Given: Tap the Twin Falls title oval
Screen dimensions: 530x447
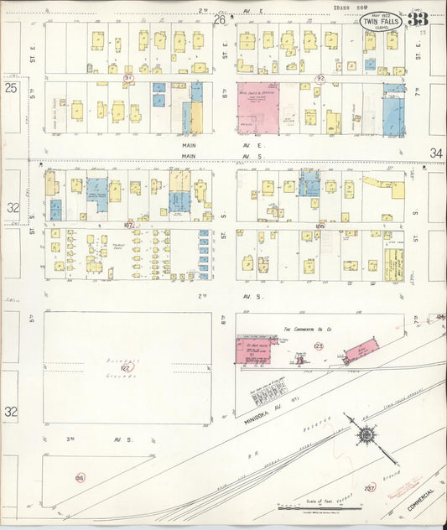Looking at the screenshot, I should [x=380, y=23].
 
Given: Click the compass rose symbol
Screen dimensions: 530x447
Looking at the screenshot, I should [x=366, y=435].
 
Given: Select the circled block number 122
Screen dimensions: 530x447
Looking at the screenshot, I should [x=127, y=367].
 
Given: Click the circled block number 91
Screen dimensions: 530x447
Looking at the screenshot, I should [x=128, y=77].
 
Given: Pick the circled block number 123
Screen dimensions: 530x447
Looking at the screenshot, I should [x=318, y=346].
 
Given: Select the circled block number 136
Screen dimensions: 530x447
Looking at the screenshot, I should [x=80, y=477].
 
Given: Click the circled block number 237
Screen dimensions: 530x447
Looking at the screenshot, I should [x=370, y=487].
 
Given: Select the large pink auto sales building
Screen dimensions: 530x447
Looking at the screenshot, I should [x=257, y=108].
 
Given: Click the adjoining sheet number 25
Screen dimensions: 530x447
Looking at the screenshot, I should [x=11, y=86].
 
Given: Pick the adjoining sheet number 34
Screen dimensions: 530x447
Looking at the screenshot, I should [x=435, y=153].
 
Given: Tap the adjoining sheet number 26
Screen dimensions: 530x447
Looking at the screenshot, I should [x=221, y=20].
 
